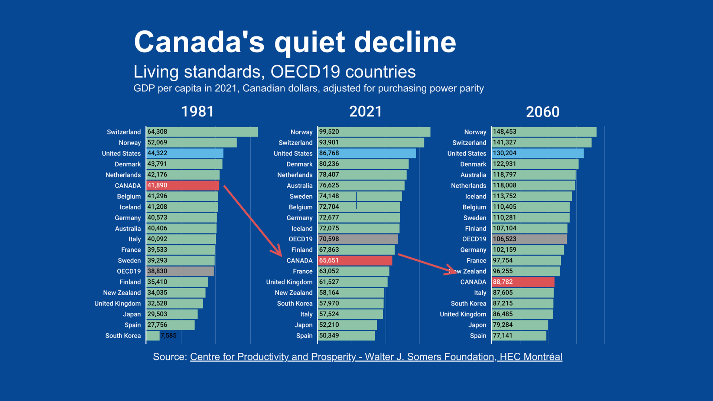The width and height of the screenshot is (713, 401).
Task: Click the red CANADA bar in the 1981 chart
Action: (183, 186)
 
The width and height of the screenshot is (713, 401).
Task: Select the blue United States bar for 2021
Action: (367, 153)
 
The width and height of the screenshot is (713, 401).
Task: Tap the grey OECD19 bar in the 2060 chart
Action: (529, 239)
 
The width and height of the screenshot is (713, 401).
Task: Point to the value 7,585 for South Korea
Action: (169, 336)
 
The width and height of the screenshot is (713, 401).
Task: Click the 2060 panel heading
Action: (543, 112)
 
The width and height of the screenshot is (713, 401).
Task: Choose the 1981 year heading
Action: (198, 112)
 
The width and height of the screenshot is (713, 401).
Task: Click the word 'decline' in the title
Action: (405, 42)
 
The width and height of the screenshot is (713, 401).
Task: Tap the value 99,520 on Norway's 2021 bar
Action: (329, 132)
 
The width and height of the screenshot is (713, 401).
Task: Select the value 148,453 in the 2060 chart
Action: (504, 132)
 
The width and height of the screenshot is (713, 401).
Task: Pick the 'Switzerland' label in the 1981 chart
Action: (124, 132)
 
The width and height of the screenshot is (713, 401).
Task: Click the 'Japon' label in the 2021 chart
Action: (303, 325)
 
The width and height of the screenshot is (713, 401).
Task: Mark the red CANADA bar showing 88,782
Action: (523, 282)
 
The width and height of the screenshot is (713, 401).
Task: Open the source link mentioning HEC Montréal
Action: (376, 357)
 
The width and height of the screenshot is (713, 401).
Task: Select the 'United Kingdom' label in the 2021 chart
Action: (289, 282)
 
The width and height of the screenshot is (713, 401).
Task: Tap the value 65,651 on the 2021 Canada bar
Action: (329, 261)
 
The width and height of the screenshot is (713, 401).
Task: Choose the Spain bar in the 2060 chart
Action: (519, 336)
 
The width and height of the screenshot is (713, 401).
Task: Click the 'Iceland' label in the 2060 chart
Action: (475, 196)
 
